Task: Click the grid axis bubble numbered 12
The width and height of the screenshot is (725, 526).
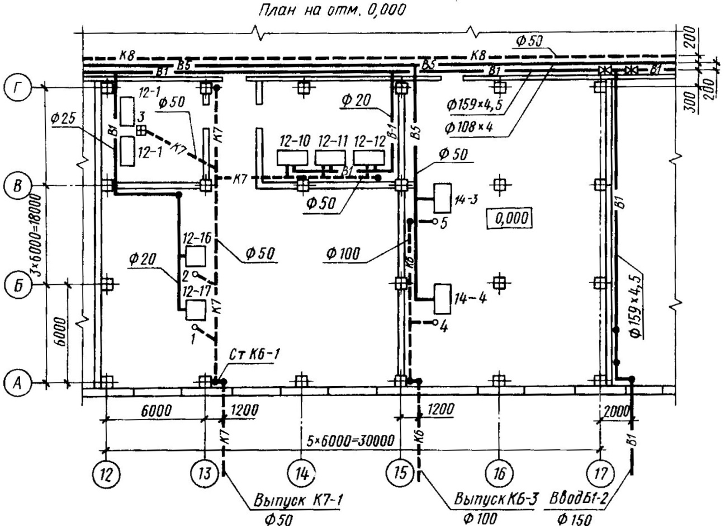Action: (x=105, y=475)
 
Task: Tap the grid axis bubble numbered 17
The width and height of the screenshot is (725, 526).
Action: (x=600, y=475)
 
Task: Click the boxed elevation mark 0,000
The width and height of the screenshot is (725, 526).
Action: (x=508, y=218)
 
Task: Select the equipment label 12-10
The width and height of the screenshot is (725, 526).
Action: (x=293, y=142)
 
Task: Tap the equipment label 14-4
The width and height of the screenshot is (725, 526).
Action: (x=471, y=298)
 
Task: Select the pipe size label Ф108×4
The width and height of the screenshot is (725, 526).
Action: (x=468, y=128)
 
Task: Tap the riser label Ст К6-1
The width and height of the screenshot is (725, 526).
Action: (x=255, y=354)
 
